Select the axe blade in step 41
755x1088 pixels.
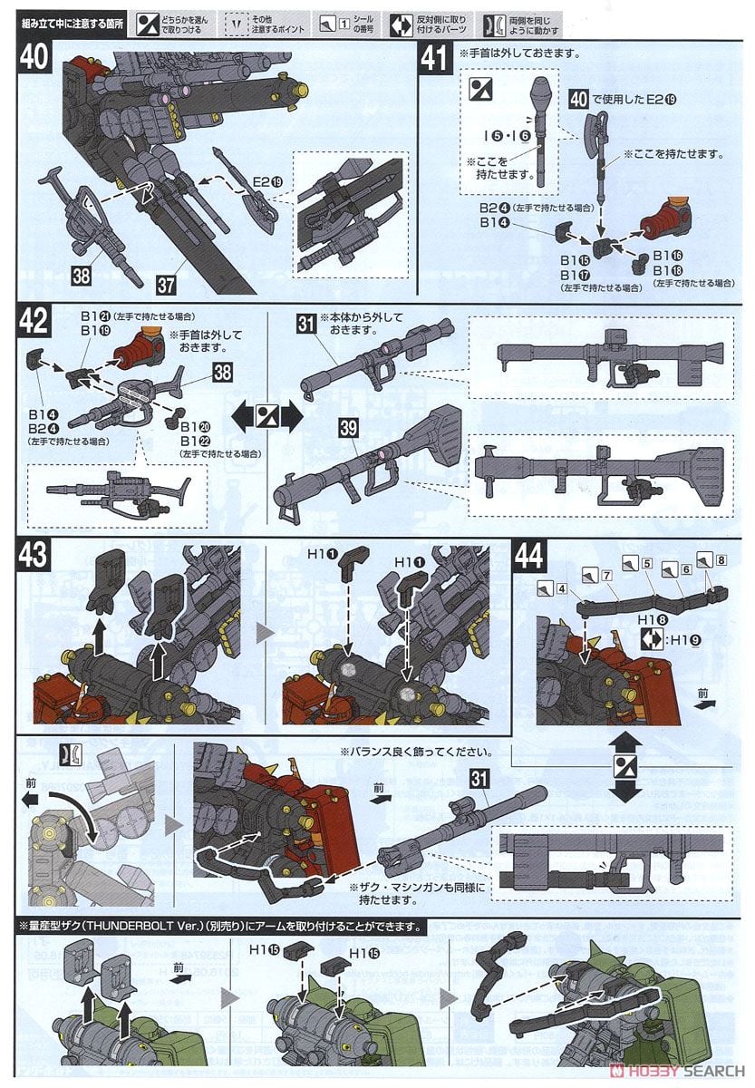point(583,133)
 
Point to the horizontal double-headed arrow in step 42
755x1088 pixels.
point(266,417)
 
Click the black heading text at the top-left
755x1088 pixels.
point(69,18)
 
